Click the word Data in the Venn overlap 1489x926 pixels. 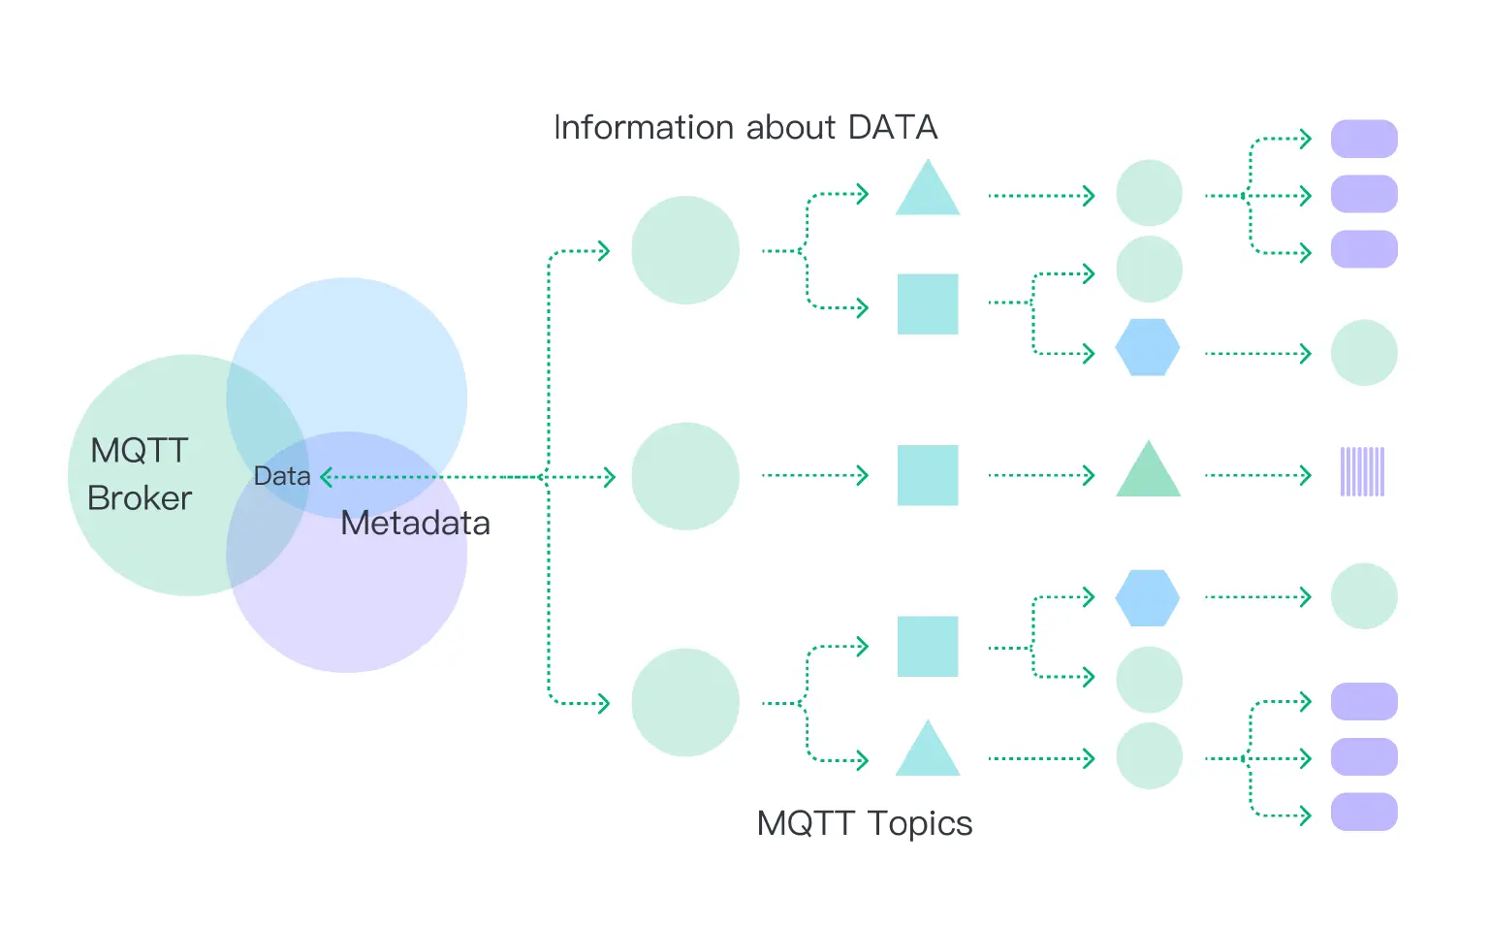coord(281,476)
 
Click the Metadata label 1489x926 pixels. coord(415,524)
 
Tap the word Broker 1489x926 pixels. coord(140,498)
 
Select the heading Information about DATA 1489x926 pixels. coord(744,127)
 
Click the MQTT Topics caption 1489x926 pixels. coord(864,823)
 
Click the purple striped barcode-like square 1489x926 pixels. coord(1362,471)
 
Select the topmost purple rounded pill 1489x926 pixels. coord(1363,139)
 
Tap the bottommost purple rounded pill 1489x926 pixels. coord(1363,812)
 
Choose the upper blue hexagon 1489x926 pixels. coord(1148,347)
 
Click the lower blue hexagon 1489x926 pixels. coord(1148,597)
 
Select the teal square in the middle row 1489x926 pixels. coord(928,475)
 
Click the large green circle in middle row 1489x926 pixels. coord(685,476)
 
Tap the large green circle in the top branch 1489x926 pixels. coord(685,250)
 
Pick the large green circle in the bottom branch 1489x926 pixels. coord(685,702)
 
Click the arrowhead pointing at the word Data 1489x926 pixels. coord(327,477)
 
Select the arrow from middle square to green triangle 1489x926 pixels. coord(1041,476)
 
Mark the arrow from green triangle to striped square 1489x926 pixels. coord(1257,476)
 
